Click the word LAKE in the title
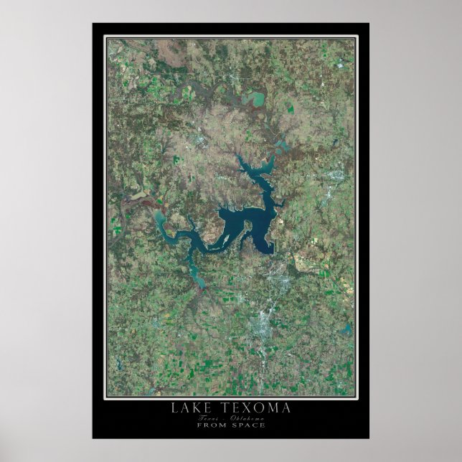point(188,408)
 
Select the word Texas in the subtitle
point(209,418)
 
